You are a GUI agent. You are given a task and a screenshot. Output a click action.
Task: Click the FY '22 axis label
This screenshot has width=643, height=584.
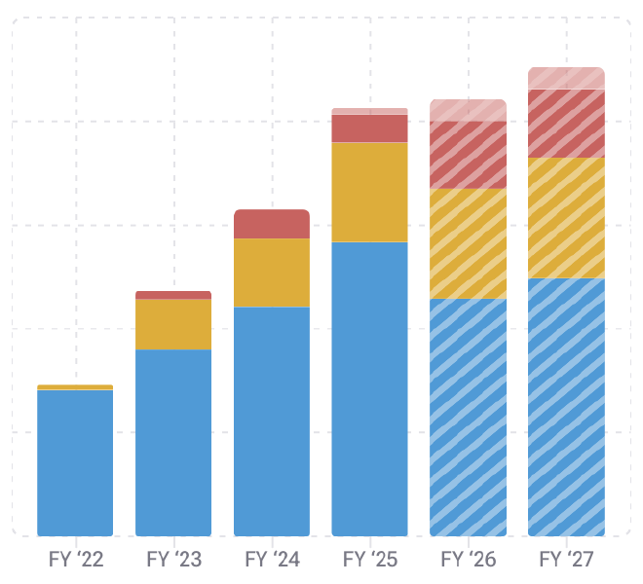point(75,561)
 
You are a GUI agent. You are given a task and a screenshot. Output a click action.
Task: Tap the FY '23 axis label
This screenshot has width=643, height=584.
point(173,561)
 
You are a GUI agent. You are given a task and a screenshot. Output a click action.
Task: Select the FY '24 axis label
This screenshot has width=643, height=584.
point(272,561)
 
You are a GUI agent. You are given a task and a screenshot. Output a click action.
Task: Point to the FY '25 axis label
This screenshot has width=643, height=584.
point(370,561)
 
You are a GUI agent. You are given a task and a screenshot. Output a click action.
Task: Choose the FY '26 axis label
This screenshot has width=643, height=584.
point(469,561)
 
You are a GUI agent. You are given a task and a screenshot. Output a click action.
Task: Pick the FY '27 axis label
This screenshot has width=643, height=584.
point(567,561)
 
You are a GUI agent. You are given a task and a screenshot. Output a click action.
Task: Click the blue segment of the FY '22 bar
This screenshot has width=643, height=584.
point(75,462)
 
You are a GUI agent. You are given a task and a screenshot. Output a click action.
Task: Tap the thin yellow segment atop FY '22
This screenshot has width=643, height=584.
point(75,387)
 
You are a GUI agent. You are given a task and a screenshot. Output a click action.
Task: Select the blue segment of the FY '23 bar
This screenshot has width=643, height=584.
point(173,443)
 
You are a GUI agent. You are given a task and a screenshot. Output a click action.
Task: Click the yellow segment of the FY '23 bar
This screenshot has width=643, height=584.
point(173,324)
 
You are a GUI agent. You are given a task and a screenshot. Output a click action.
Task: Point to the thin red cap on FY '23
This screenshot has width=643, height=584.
point(173,295)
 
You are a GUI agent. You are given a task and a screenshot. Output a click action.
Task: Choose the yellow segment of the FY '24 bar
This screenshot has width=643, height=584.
point(272,274)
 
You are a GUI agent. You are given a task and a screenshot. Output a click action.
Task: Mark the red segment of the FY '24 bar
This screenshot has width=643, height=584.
point(272,224)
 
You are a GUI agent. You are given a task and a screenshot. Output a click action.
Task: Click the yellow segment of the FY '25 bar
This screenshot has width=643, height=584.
point(370,193)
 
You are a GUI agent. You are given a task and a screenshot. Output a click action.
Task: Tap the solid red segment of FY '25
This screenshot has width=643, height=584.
point(370,128)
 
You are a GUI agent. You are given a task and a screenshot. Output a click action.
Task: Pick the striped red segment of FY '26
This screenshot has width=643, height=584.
point(469,155)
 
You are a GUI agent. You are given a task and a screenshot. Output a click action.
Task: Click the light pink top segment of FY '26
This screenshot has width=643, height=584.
point(469,110)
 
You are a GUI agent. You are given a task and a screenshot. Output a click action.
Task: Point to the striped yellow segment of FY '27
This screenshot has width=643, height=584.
point(567,218)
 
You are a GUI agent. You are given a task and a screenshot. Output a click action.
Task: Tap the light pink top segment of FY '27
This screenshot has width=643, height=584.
point(567,78)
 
